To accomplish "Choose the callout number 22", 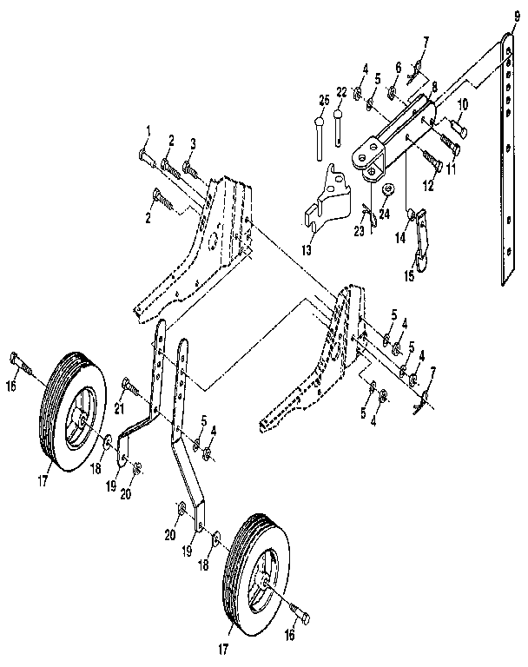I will tap(341, 93).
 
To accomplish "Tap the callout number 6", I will tap(398, 66).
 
